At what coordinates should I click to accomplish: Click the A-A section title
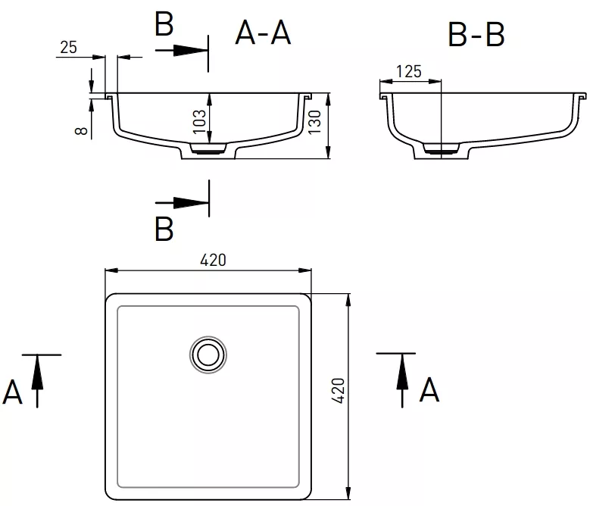coord(263,33)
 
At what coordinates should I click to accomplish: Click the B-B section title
coord(476,35)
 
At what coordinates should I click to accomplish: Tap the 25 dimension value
coord(68,48)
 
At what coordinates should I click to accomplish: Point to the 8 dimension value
coord(81,130)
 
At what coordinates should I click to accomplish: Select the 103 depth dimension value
coord(199,121)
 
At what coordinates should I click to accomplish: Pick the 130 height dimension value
coord(314,121)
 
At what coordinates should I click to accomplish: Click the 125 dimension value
coord(409,71)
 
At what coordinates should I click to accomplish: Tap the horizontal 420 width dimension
coord(213,260)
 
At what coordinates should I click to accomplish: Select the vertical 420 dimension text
coord(339,392)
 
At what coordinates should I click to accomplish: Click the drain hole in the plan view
coord(208,355)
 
